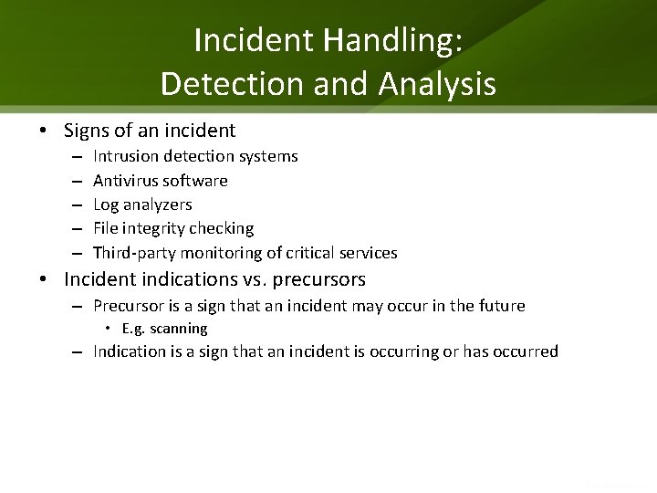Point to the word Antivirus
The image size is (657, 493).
(x=126, y=181)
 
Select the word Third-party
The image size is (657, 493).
(x=132, y=252)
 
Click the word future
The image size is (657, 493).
(x=501, y=306)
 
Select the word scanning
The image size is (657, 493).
(x=178, y=328)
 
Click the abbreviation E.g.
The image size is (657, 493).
(x=133, y=328)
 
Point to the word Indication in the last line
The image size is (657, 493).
(x=130, y=351)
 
